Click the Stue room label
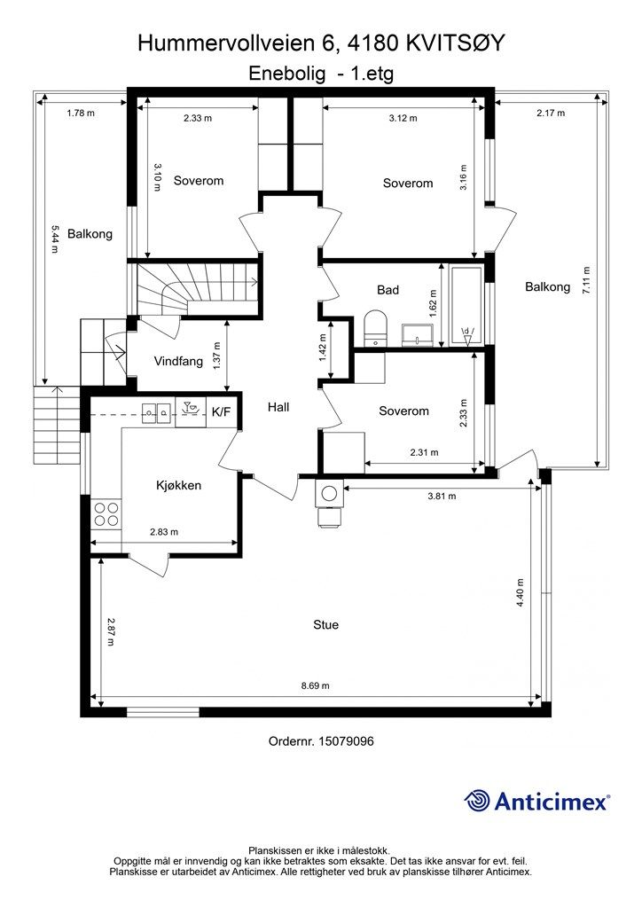point(325,625)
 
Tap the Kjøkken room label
point(179,485)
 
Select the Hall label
point(278,407)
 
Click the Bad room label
point(388,290)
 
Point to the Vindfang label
point(178,362)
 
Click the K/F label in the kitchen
point(221,412)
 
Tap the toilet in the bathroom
point(374,328)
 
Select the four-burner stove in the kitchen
point(106,514)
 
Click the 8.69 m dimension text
point(316,685)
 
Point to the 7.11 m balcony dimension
point(587,281)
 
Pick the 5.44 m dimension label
point(54,239)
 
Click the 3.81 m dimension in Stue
point(442,496)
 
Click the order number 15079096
point(346,741)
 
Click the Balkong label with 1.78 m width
point(90,234)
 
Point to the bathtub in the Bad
point(466,306)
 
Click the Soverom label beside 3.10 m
point(199,181)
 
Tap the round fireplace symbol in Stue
point(329,494)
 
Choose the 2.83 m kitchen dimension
point(164,532)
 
